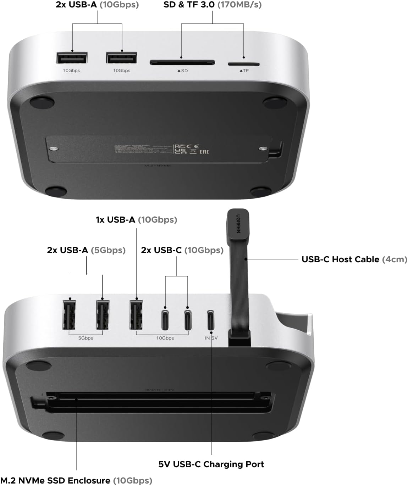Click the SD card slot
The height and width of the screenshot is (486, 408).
(182, 63)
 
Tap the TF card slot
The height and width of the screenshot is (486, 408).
(243, 64)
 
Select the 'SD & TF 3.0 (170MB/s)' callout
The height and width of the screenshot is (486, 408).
(213, 5)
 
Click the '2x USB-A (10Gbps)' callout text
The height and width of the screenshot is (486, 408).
(97, 5)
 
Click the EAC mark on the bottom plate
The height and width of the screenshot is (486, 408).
(204, 152)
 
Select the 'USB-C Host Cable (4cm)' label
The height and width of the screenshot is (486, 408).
(354, 259)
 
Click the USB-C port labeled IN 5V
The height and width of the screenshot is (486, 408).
(211, 320)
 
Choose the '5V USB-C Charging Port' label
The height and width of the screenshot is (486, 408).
(211, 464)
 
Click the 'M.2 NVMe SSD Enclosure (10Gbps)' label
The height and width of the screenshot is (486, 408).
(76, 481)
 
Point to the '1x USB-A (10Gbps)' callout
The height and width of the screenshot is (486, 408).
(136, 220)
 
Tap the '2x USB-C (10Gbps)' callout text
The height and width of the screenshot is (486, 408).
(182, 250)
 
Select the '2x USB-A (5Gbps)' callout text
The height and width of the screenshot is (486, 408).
(86, 250)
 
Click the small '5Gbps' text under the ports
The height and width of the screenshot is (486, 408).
(86, 338)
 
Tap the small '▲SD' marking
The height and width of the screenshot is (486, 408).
(183, 71)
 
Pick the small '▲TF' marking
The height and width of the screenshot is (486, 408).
(244, 71)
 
